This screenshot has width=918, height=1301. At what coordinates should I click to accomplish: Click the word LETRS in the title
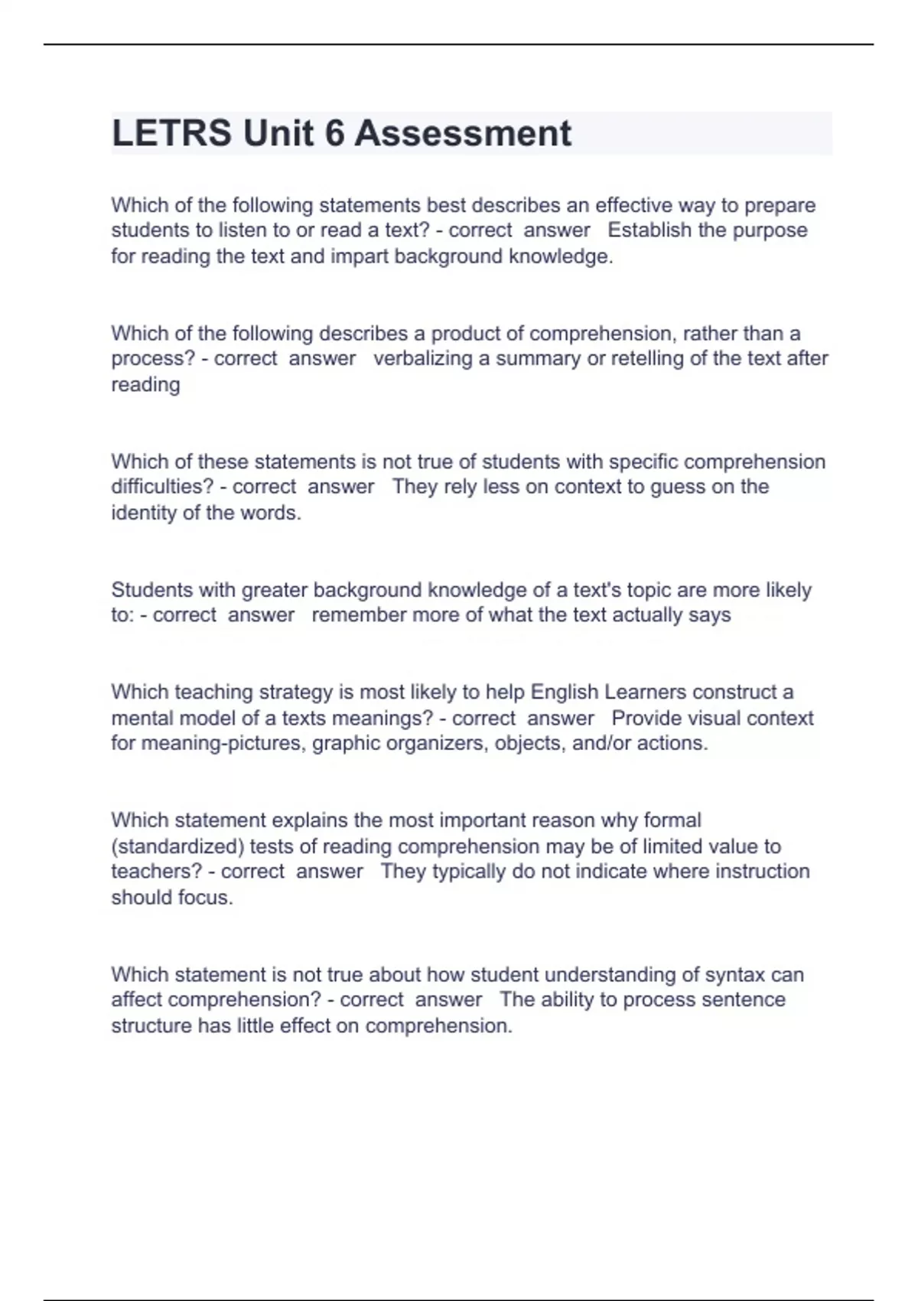[x=171, y=133]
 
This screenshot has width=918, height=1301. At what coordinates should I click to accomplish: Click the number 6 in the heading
[x=334, y=133]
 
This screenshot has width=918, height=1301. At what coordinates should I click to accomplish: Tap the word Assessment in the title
[x=463, y=133]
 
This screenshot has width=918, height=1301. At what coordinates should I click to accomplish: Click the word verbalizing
[x=422, y=358]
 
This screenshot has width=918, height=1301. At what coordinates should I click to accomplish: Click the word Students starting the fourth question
[x=152, y=590]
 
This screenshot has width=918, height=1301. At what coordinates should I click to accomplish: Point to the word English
[x=565, y=692]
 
